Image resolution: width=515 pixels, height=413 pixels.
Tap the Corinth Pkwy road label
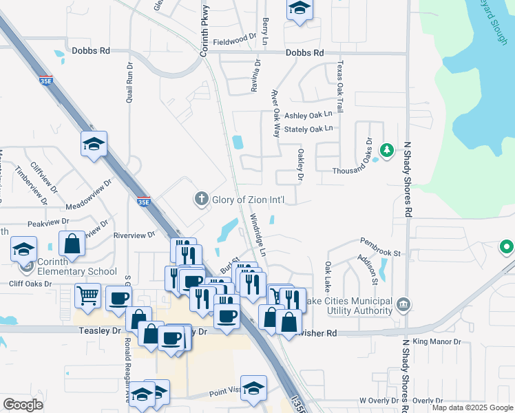click(x=204, y=28)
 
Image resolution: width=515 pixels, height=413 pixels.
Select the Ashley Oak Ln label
click(x=308, y=115)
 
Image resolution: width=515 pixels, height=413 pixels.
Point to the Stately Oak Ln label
click(x=308, y=129)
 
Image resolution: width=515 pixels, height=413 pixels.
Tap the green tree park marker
click(x=387, y=149)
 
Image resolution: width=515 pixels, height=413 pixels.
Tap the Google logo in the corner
click(x=23, y=405)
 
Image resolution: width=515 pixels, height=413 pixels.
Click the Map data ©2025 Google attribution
click(x=472, y=407)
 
